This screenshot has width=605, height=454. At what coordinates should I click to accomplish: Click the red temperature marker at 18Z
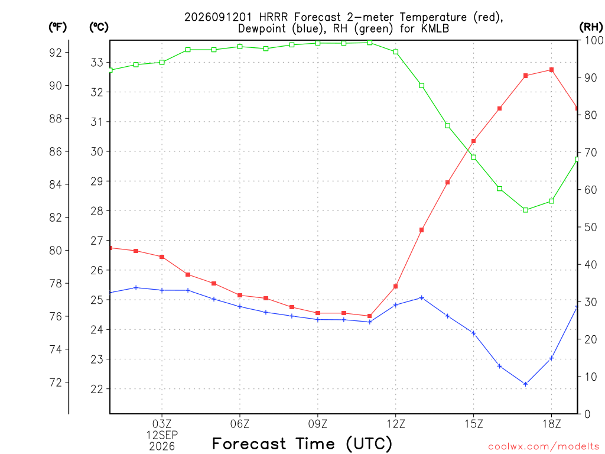pos(551,70)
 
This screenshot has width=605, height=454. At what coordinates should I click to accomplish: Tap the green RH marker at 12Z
pos(395,52)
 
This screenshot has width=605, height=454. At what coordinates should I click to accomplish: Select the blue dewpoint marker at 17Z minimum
pos(525,384)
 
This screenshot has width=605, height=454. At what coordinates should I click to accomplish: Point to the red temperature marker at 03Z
pos(162,257)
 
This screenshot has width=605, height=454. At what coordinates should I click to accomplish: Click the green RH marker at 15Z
pos(473,157)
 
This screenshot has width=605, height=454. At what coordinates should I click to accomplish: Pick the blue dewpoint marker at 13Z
pos(422,298)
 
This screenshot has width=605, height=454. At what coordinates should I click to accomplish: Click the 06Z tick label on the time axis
pos(240,424)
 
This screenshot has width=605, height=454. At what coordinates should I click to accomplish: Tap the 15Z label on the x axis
pos(473,424)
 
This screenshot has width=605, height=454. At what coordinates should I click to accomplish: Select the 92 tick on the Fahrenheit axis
pos(56,53)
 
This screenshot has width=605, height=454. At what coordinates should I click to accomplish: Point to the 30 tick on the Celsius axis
pos(97,151)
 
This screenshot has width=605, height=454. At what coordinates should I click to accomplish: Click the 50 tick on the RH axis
pos(590,227)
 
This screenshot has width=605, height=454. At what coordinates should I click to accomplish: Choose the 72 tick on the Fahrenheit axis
pos(56,382)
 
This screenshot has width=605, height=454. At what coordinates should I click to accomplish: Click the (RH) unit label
pos(591,27)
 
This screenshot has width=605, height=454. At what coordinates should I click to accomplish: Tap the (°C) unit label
pos(99,27)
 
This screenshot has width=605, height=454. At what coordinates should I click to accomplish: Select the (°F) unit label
pos(57,27)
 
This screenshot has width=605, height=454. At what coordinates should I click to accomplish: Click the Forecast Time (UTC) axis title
pos(302,443)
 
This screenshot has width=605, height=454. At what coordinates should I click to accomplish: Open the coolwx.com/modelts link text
pos(544,447)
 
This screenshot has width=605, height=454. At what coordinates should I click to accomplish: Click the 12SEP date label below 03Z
pos(162,435)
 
